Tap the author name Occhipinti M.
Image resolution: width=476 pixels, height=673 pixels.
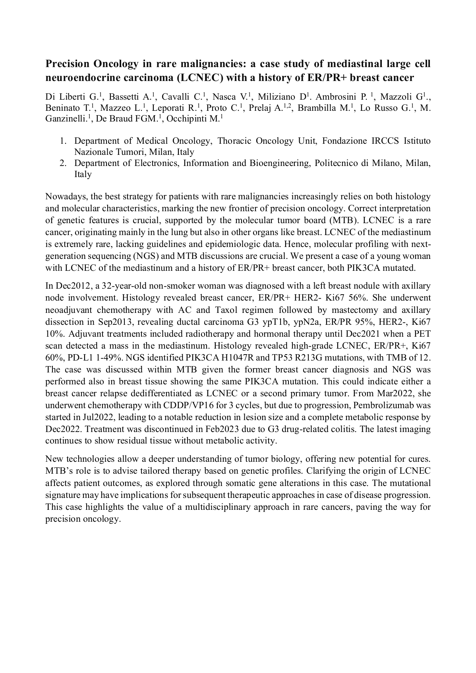tap(193, 119)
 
